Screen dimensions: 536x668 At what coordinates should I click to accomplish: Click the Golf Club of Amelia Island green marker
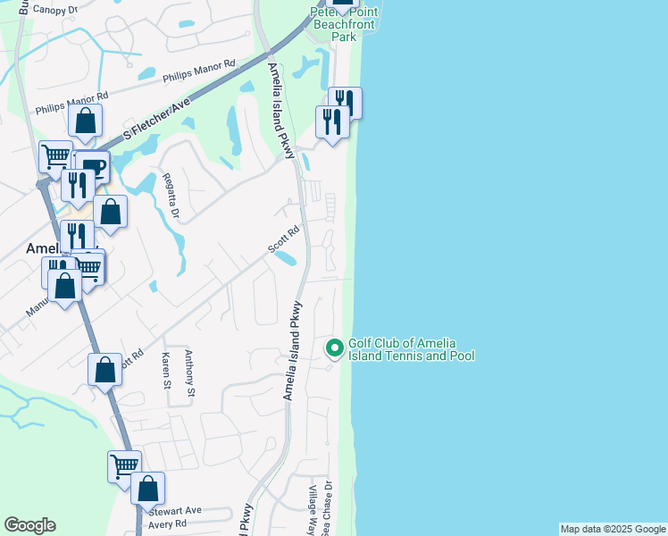(x=335, y=348)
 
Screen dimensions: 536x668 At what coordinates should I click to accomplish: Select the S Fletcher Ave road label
(x=158, y=117)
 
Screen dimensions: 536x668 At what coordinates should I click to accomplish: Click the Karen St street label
(x=166, y=371)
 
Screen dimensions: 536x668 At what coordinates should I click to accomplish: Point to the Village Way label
(x=313, y=508)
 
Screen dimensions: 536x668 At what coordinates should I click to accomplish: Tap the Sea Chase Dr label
(x=329, y=508)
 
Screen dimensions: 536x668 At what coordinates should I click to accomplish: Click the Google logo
(x=29, y=525)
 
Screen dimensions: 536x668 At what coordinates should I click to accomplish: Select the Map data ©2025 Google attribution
(x=613, y=529)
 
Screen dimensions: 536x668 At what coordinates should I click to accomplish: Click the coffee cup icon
(x=93, y=165)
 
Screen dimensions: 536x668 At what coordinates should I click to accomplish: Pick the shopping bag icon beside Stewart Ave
(x=148, y=489)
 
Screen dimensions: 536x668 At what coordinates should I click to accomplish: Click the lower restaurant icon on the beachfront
(x=331, y=122)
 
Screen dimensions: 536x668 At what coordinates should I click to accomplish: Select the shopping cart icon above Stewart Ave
(x=124, y=465)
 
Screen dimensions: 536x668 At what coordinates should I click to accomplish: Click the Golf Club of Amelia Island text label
(x=411, y=349)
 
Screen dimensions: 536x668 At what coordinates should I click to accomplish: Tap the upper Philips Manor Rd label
(x=198, y=71)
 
